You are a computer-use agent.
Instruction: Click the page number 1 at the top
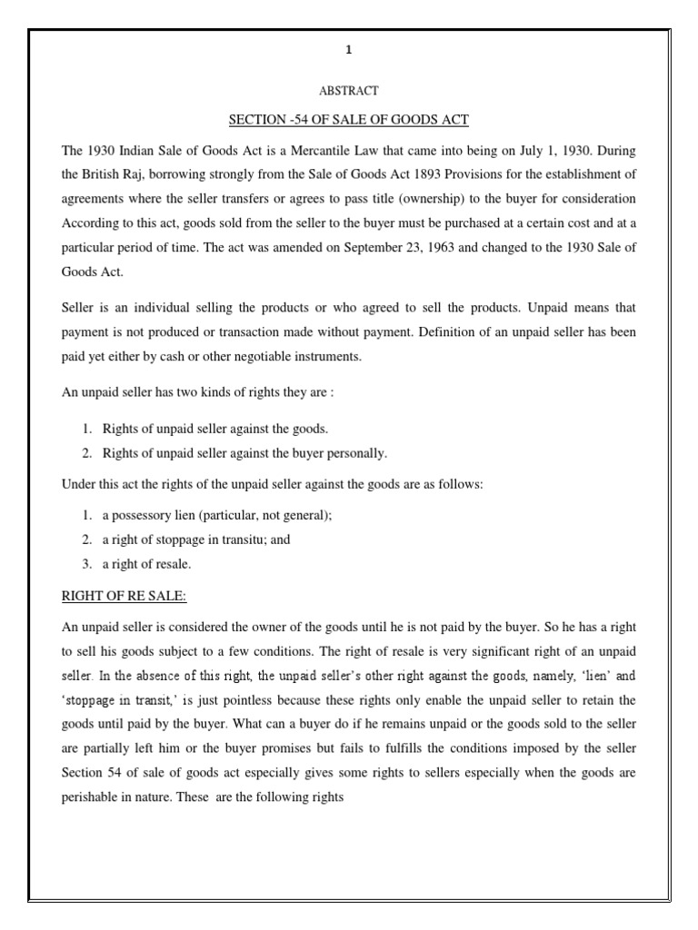coord(348,53)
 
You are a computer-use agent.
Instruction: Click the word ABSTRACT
coord(348,91)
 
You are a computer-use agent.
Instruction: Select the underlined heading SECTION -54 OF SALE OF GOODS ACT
coord(348,120)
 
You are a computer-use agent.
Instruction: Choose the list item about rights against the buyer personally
coord(244,452)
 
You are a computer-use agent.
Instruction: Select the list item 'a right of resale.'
coord(146,563)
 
